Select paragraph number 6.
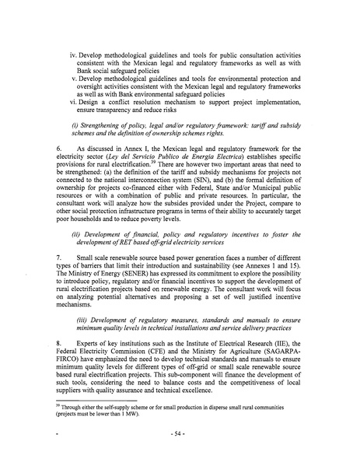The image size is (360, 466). pos(57,146)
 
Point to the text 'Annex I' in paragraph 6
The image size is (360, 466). pos(126,146)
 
